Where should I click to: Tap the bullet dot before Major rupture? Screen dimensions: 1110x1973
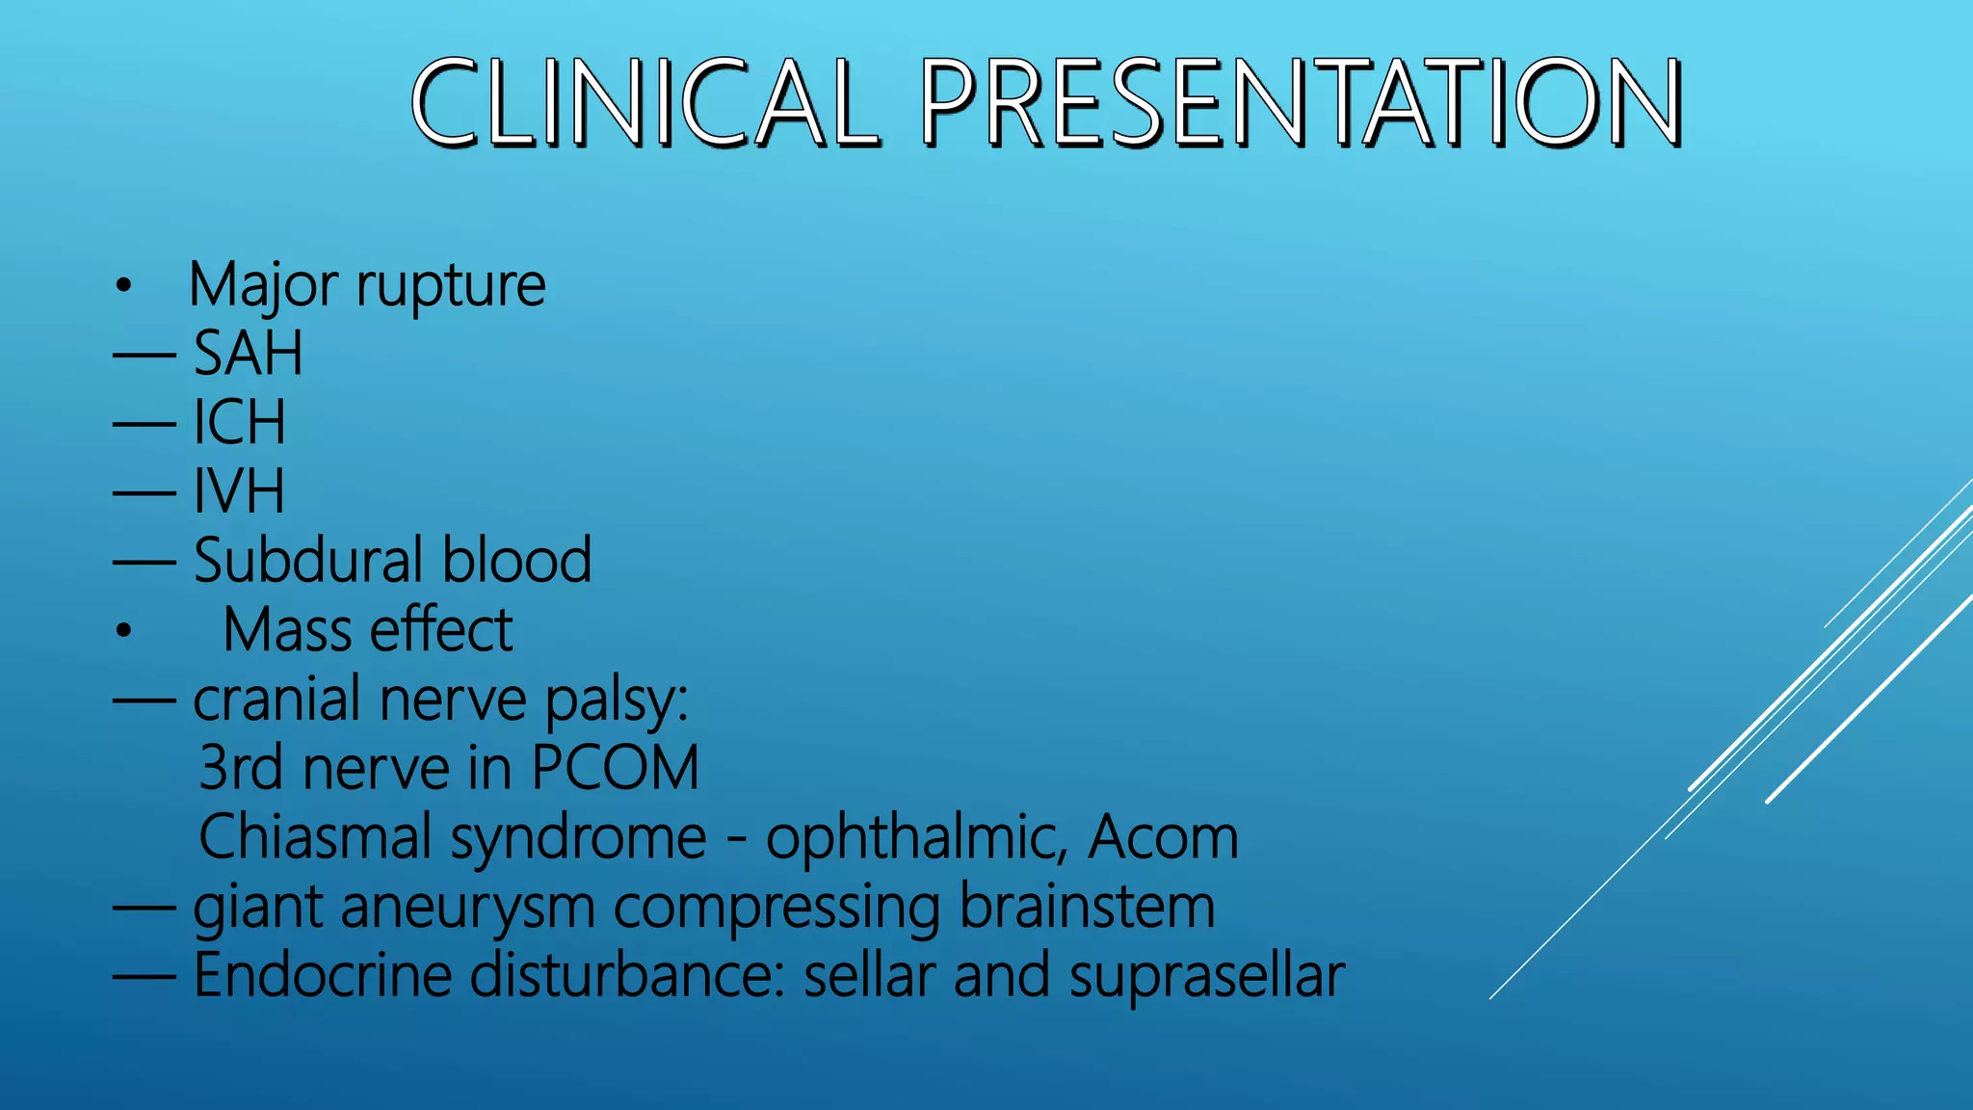(122, 285)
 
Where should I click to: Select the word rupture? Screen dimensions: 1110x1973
(451, 285)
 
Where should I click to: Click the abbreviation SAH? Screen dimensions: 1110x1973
(249, 353)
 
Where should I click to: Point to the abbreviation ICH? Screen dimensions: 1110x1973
(239, 422)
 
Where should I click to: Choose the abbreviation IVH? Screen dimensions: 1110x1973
(239, 491)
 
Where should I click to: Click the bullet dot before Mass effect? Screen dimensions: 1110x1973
(122, 631)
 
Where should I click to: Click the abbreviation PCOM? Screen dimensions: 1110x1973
(615, 768)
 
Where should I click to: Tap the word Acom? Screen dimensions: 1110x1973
(1162, 836)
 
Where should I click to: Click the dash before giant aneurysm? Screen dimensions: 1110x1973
(145, 908)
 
